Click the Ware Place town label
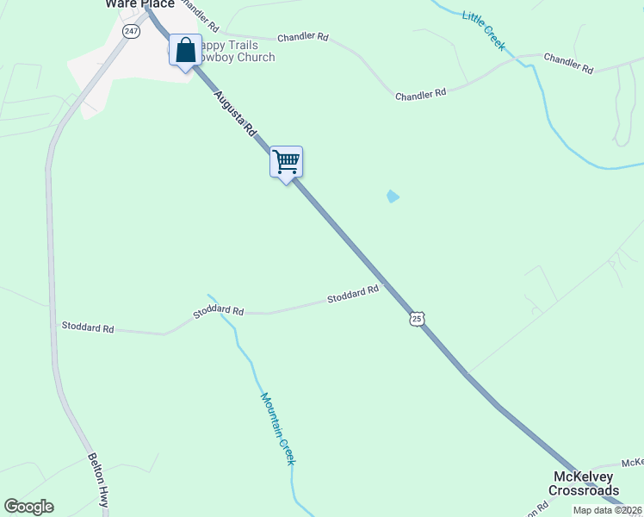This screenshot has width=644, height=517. (x=139, y=4)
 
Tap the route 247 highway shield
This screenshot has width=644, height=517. (x=130, y=31)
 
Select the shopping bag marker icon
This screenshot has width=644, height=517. (x=185, y=50)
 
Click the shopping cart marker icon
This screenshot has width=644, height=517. (x=286, y=160)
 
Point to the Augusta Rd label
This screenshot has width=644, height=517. (x=236, y=115)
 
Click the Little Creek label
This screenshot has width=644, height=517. (x=484, y=29)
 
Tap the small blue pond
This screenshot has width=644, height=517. (x=393, y=196)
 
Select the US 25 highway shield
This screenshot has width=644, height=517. (x=417, y=319)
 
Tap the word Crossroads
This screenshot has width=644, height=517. (x=585, y=490)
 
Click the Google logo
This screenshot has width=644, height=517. (x=28, y=507)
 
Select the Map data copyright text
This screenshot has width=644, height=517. (x=608, y=510)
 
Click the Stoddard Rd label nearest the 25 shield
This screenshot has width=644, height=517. (x=353, y=295)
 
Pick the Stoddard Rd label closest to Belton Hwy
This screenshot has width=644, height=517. (x=88, y=327)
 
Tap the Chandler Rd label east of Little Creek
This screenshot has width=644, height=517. (x=569, y=63)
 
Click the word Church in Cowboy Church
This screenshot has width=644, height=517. (x=254, y=58)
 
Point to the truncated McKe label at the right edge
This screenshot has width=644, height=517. (x=632, y=464)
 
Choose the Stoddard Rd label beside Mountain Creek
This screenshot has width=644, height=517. (x=219, y=311)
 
